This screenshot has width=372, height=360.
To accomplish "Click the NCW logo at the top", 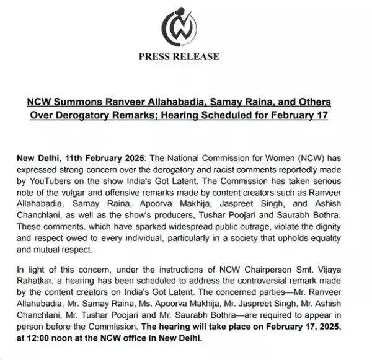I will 186,26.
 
